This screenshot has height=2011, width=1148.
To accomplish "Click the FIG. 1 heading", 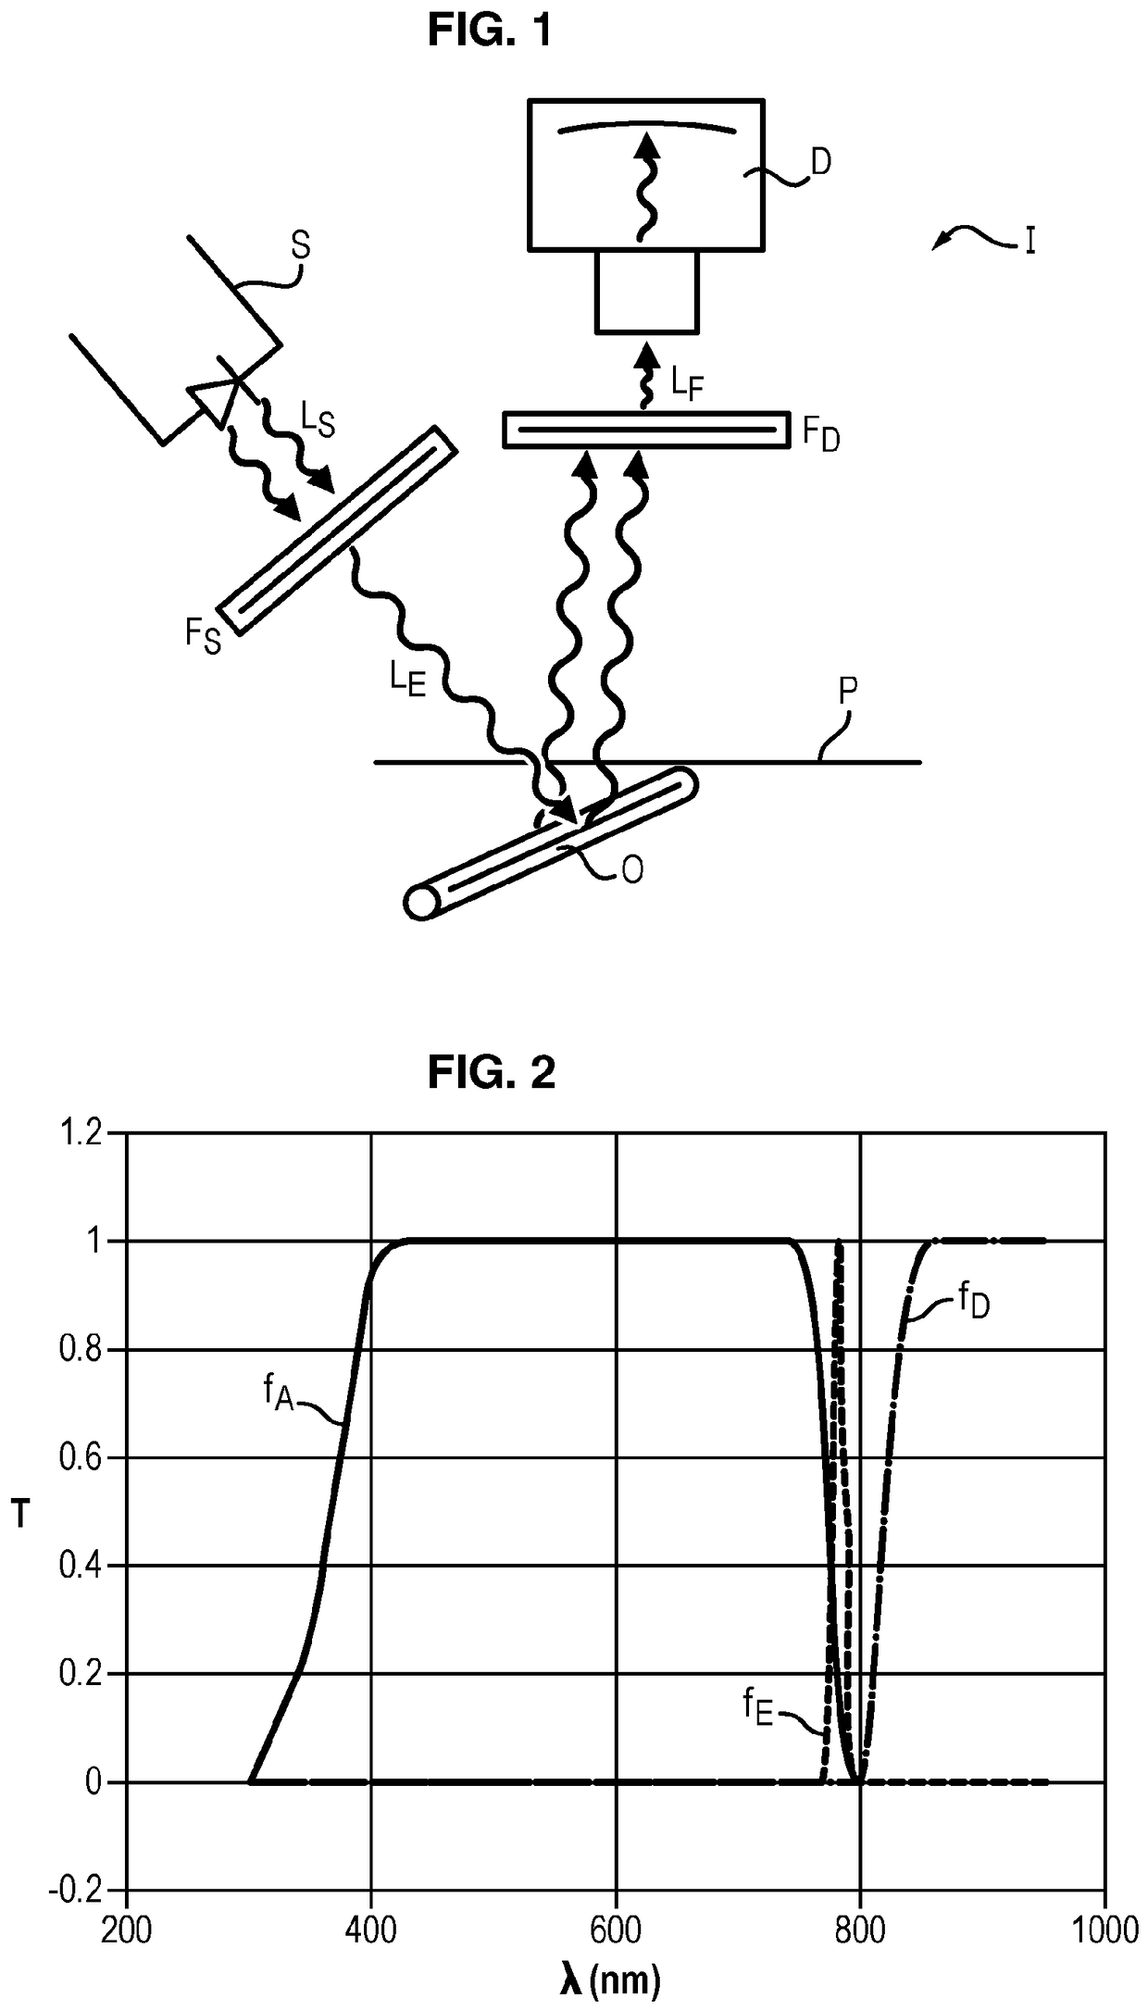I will [x=490, y=31].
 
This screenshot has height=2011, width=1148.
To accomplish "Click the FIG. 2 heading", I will [x=492, y=1073].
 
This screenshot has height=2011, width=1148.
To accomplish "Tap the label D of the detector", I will [x=820, y=162].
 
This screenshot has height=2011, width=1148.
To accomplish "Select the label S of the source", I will [x=300, y=246].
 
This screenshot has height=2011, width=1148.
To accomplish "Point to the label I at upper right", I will [x=1029, y=242].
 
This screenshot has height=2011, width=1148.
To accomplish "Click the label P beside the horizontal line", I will [x=847, y=692].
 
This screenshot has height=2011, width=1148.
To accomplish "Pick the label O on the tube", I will [x=632, y=870].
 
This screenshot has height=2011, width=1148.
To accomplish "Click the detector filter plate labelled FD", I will [x=646, y=430].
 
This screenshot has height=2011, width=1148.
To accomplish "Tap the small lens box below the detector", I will [x=646, y=291].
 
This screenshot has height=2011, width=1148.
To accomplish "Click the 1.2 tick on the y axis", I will [x=81, y=1133].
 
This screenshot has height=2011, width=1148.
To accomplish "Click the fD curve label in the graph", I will [x=973, y=1304].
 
